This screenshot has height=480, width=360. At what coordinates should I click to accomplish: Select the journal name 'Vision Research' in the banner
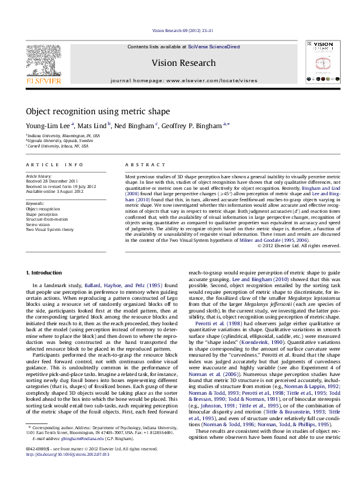pyautogui.click(x=183, y=63)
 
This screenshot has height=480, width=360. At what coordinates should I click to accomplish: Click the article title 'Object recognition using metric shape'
pyautogui.click(x=97, y=111)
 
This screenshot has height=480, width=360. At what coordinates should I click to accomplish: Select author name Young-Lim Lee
pyautogui.click(x=48, y=126)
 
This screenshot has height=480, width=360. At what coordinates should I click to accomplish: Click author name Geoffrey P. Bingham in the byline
pyautogui.click(x=192, y=126)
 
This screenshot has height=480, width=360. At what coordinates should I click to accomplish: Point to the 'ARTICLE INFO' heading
pyautogui.click(x=54, y=164)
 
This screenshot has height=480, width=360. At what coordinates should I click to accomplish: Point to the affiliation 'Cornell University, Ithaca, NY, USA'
pyautogui.click(x=57, y=146)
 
